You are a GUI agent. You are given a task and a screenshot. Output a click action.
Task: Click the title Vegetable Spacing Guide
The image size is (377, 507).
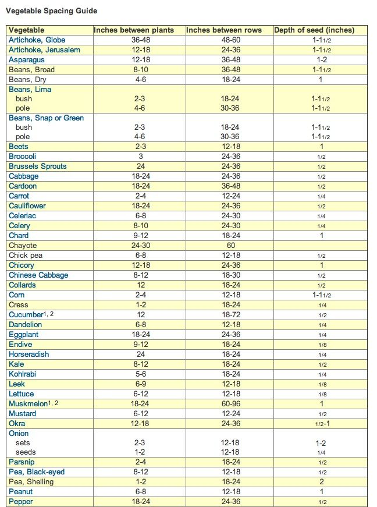click(x=51, y=11)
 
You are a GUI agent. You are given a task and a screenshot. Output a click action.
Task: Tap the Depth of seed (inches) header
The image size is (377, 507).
click(x=314, y=30)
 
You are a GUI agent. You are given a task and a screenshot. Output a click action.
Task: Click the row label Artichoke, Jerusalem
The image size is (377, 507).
click(x=44, y=50)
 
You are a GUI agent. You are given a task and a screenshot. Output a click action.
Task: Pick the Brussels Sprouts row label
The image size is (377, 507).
click(x=37, y=166)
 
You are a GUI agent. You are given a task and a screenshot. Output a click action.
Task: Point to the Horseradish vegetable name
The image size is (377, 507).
click(x=29, y=354)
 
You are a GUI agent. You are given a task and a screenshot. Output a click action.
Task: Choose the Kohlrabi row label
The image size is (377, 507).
click(x=22, y=374)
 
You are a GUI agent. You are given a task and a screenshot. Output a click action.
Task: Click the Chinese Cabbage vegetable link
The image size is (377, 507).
click(x=38, y=275)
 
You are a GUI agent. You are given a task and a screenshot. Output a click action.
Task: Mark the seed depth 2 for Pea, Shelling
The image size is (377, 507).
click(x=321, y=482)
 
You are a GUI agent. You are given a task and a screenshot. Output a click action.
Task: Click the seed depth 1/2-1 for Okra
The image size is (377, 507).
click(x=321, y=424)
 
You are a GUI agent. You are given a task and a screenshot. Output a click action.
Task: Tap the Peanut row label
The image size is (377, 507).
click(x=21, y=492)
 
